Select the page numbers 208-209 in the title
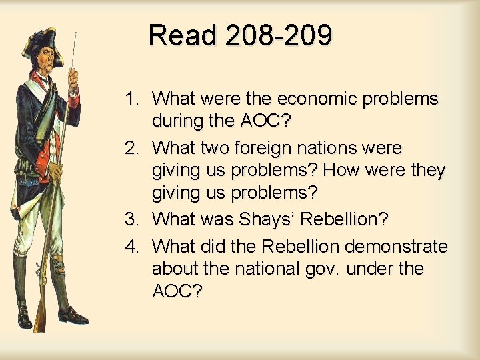point(279,35)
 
